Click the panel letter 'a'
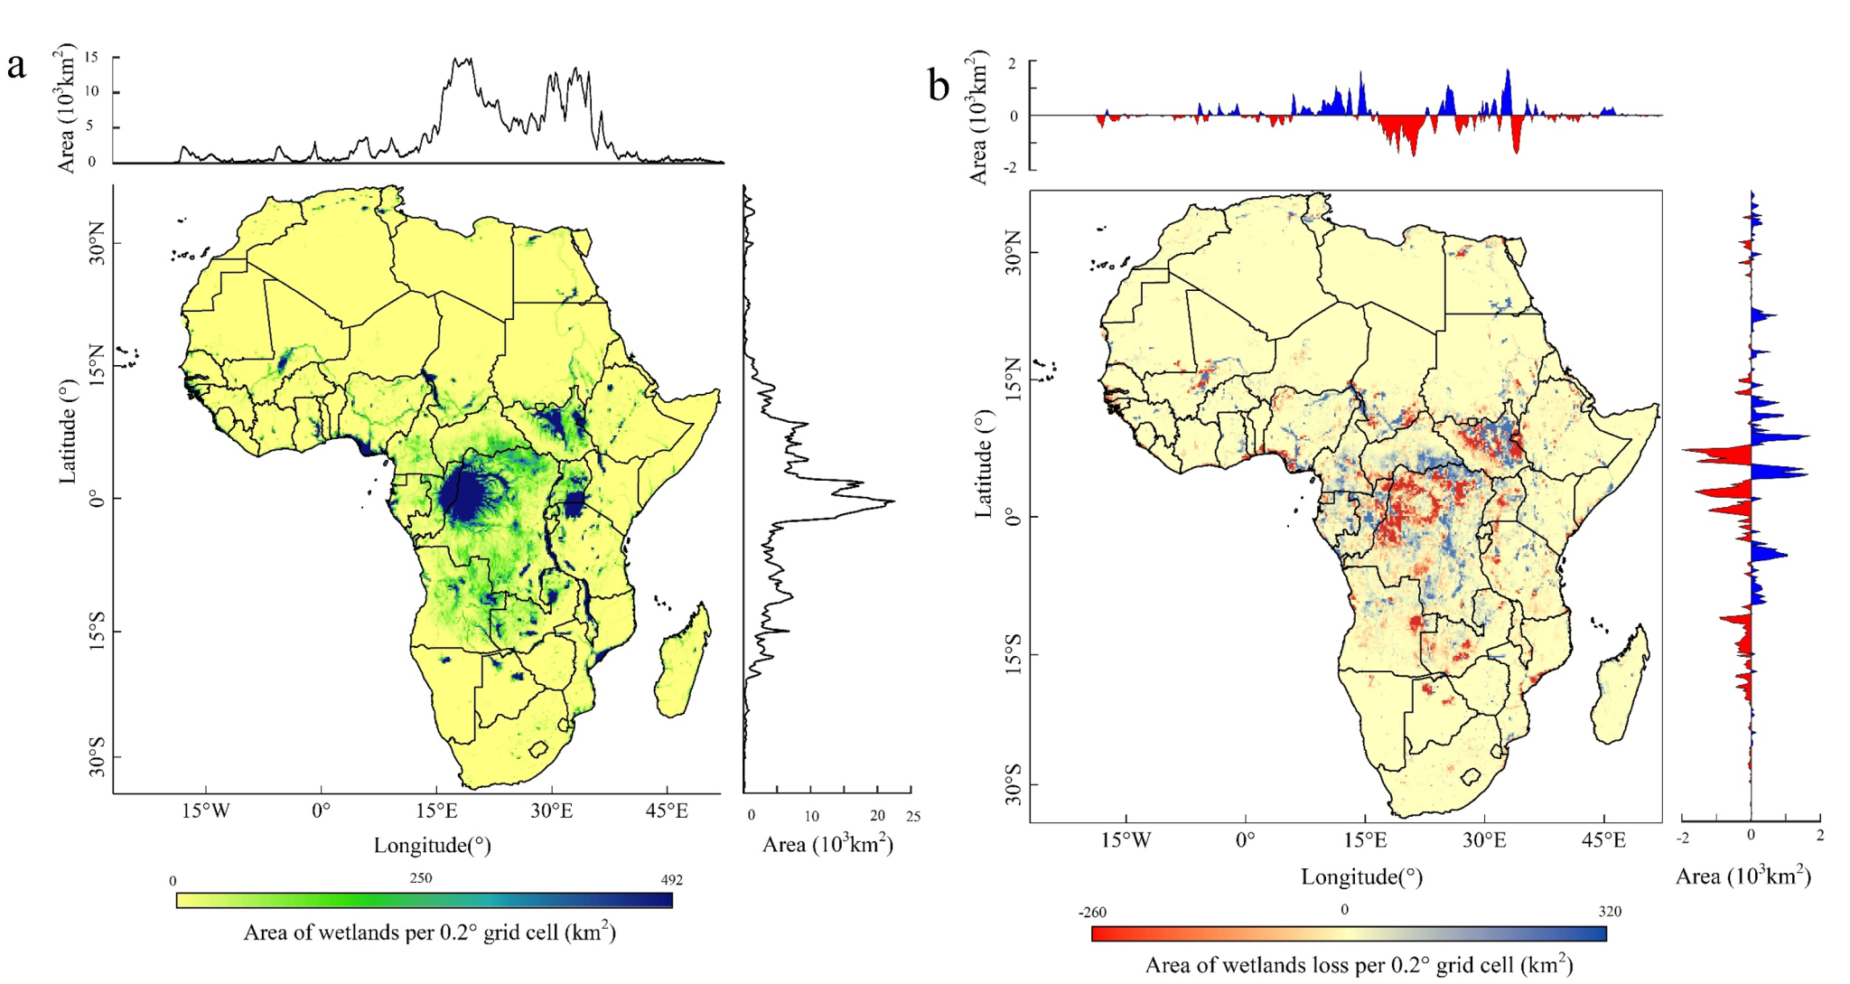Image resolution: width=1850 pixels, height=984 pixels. [x=15, y=66]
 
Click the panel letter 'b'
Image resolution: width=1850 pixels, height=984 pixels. [x=939, y=87]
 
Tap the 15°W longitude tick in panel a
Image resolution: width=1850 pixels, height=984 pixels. [x=206, y=811]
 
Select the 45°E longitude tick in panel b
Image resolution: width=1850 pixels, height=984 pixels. [x=1603, y=840]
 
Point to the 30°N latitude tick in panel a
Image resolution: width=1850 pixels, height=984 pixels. [x=95, y=243]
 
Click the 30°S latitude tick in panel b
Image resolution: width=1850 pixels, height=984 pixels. [x=1012, y=783]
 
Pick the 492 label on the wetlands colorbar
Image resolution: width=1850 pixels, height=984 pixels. [x=671, y=879]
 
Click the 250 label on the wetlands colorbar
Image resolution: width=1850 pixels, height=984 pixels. [x=421, y=877]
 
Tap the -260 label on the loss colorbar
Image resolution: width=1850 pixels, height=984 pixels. [x=1092, y=913]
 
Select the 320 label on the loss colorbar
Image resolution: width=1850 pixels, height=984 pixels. [x=1610, y=911]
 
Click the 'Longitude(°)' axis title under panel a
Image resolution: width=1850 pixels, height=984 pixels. [x=432, y=846]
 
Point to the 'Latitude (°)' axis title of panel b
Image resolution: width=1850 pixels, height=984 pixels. [x=983, y=464]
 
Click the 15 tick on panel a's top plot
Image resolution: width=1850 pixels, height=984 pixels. [x=91, y=57]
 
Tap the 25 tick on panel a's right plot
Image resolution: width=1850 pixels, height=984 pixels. [x=913, y=816]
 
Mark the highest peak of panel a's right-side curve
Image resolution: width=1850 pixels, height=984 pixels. [x=893, y=501]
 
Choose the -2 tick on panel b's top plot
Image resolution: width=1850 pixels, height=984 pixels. [x=1014, y=168]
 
